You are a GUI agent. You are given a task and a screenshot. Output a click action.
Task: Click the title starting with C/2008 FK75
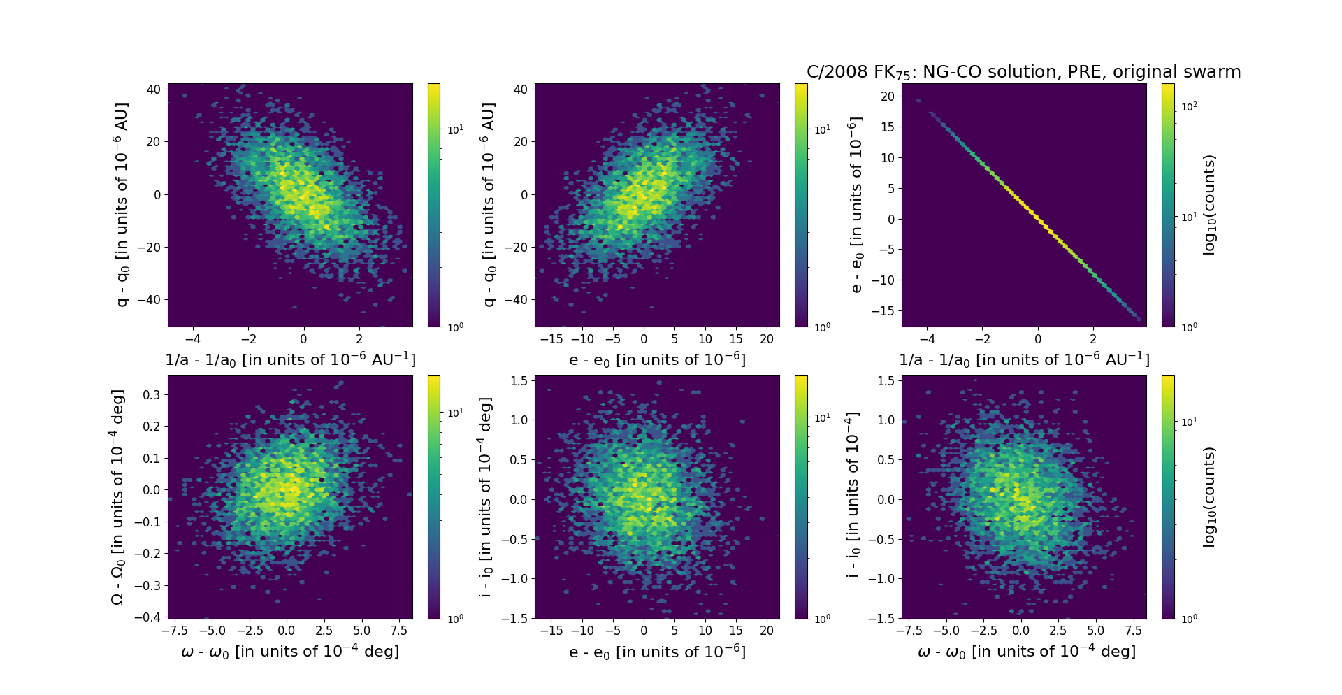pyautogui.click(x=1023, y=72)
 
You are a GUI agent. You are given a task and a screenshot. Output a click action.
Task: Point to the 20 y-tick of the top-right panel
pyautogui.click(x=887, y=96)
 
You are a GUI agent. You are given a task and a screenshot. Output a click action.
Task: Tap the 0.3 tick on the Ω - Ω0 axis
pyautogui.click(x=152, y=394)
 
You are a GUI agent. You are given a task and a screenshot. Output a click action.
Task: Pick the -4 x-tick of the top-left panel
pyautogui.click(x=192, y=339)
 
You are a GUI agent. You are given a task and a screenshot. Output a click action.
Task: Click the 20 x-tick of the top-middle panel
pyautogui.click(x=767, y=339)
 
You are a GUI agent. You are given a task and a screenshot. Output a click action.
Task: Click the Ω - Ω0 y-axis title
pyautogui.click(x=118, y=497)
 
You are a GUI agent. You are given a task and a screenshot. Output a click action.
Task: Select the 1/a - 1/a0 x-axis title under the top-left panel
pyautogui.click(x=290, y=359)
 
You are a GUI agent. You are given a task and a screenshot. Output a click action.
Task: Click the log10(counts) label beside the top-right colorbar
pyautogui.click(x=1209, y=205)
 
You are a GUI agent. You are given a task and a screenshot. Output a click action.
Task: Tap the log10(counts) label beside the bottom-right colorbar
pyautogui.click(x=1209, y=497)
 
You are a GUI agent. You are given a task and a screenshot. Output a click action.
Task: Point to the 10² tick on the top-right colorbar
pyautogui.click(x=1188, y=106)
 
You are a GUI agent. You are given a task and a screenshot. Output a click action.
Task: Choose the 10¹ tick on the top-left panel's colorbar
pyautogui.click(x=454, y=129)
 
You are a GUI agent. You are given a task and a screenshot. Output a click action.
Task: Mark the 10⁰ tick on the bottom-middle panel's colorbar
pyautogui.click(x=822, y=618)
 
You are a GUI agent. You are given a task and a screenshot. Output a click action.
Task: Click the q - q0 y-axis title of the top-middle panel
pyautogui.click(x=489, y=205)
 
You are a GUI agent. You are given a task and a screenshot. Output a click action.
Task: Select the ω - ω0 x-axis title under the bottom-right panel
pyautogui.click(x=1026, y=652)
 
